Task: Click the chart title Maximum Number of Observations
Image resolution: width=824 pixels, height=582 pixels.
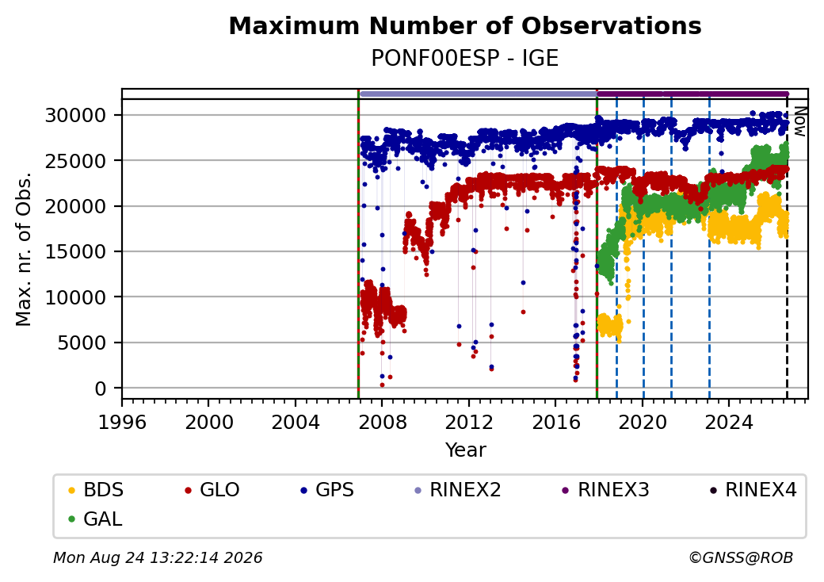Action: [465, 25]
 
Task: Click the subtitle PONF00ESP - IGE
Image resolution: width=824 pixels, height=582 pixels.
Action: [465, 58]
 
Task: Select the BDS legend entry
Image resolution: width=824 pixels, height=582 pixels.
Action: [96, 490]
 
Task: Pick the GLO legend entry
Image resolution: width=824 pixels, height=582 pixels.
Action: [212, 490]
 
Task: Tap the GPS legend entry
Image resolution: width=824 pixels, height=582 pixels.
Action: [327, 490]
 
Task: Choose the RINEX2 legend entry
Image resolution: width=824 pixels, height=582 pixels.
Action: [458, 490]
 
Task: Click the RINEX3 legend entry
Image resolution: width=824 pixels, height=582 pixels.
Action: [605, 490]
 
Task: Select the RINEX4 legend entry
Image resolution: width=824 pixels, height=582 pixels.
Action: [753, 490]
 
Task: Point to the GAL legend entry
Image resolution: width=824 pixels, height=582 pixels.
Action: [95, 519]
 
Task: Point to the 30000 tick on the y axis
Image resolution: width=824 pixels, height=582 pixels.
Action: [76, 115]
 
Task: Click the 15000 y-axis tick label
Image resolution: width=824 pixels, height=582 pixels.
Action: [76, 252]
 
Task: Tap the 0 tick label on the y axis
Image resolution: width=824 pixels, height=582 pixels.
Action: [101, 389]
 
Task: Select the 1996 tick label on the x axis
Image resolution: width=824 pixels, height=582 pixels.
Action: [123, 422]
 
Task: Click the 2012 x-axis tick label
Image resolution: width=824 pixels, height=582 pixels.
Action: [469, 422]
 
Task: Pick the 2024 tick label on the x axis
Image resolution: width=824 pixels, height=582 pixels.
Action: [729, 422]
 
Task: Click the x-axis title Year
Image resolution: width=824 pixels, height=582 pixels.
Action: [466, 450]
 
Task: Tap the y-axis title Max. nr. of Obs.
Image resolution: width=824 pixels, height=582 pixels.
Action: [24, 249]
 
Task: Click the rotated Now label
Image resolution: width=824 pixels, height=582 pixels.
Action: [800, 121]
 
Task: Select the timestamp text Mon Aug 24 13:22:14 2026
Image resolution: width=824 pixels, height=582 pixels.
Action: [158, 557]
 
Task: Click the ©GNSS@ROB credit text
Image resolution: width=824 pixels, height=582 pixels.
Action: [741, 557]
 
